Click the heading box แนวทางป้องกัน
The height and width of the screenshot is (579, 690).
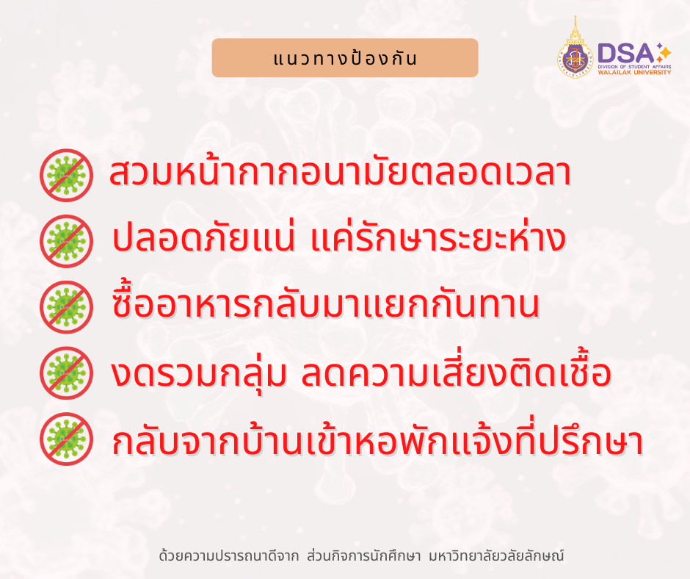pos(344,58)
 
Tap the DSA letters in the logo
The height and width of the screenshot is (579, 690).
pos(625,53)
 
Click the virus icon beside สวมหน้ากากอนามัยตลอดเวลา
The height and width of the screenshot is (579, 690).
pos(66,175)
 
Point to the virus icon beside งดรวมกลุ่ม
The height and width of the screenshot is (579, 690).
pos(66,373)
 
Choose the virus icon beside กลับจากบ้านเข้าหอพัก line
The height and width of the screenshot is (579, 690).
pos(66,439)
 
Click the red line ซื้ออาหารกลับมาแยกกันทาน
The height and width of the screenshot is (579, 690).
pos(327,306)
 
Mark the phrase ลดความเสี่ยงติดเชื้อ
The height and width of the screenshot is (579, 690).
pos(457,373)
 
